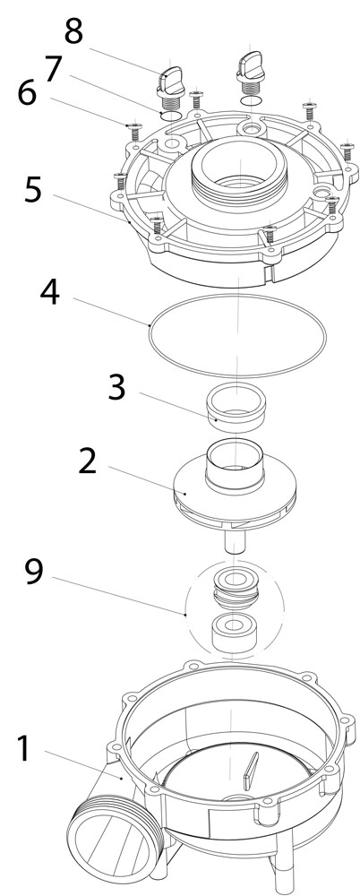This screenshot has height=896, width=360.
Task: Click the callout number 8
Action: coord(74,31)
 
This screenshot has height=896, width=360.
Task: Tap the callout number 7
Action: coord(53,69)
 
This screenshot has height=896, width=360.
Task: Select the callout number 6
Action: coord(27,93)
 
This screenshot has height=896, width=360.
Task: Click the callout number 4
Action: coord(50,293)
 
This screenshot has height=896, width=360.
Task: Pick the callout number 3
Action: coord(116,387)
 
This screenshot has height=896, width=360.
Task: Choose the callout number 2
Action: coord(88,461)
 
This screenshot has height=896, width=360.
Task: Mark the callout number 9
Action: coord(33,572)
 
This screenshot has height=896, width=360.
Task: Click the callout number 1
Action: coord(24,749)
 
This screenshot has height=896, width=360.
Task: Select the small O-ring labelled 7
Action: coord(170,116)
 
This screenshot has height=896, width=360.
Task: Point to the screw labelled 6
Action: coord(135,130)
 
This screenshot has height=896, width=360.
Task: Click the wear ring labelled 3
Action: coord(236,407)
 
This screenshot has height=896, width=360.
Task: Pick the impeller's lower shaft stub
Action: coord(235,540)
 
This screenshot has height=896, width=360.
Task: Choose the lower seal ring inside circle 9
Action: coord(234,633)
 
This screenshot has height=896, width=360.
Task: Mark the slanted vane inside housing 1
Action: coord(251,772)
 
